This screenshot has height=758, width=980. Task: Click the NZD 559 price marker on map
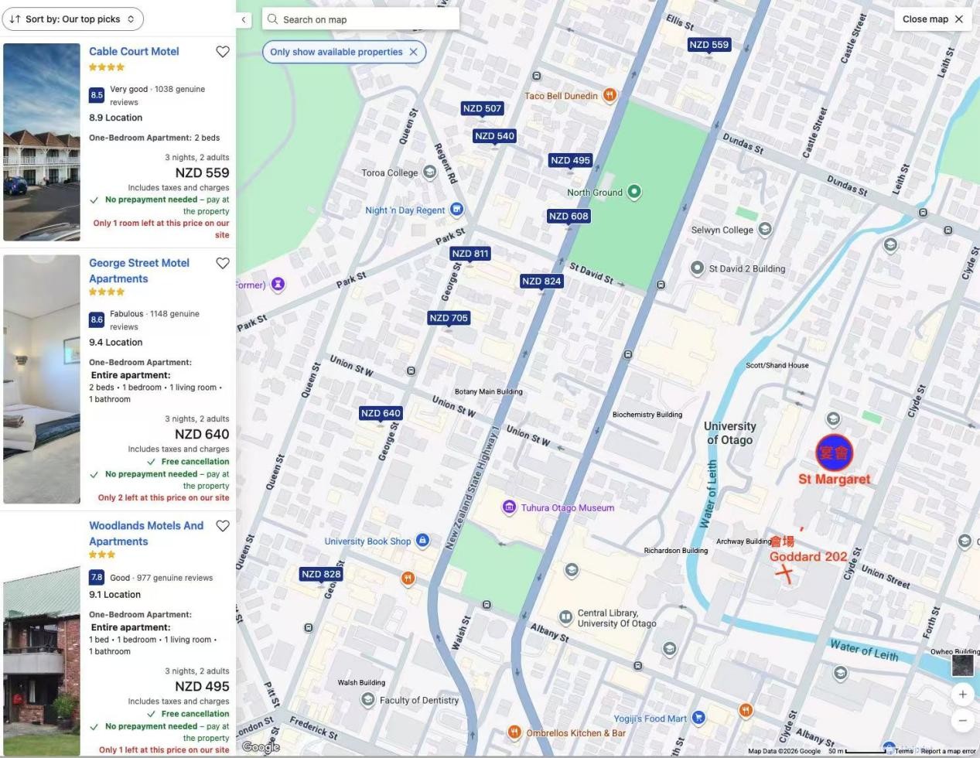point(709,45)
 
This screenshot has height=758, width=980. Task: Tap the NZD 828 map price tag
point(321,574)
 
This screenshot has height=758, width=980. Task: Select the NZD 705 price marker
point(449,318)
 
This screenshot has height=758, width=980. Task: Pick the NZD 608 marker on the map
point(569,217)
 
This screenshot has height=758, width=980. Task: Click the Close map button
point(933,19)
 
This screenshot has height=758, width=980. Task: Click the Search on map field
point(360,19)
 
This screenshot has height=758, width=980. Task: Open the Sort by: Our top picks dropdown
point(73,19)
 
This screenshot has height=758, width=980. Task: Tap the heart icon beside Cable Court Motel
point(223,52)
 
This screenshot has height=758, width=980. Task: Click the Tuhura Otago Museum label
point(568,508)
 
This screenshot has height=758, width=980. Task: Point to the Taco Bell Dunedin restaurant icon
point(610,95)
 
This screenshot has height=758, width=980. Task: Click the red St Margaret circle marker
point(834,452)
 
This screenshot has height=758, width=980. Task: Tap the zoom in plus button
point(962,694)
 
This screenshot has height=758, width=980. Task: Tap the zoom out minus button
point(962,720)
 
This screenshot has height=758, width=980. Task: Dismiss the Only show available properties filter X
point(413,52)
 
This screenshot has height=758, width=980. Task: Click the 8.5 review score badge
point(97,95)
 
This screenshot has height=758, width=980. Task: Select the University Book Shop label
point(367,541)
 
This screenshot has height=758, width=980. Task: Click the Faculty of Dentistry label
point(418,700)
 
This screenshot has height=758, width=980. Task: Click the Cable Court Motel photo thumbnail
point(42,142)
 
